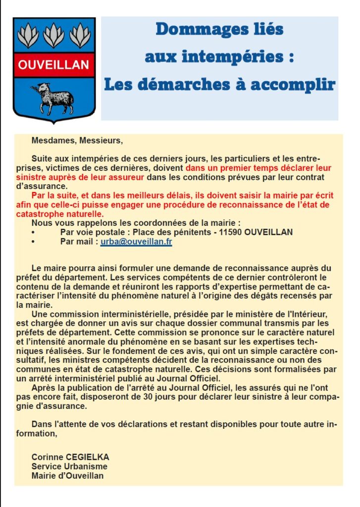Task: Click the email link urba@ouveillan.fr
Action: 136,242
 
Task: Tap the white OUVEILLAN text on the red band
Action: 54,65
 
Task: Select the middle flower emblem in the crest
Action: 53,36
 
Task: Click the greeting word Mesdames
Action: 52,140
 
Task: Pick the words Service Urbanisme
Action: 69,466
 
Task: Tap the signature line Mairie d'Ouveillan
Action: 67,476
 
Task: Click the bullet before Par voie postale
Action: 33,232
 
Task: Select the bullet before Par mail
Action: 33,242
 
